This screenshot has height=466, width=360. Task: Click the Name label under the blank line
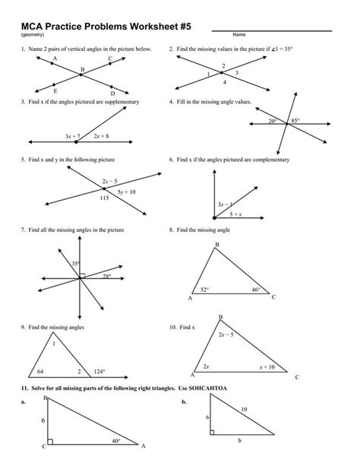coord(238,34)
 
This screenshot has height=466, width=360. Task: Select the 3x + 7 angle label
coord(73,136)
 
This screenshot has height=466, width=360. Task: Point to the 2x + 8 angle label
coord(102,136)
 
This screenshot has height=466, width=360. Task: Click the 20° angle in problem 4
coord(272,120)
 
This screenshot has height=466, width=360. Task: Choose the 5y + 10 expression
coord(126,192)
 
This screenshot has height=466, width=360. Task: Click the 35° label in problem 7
coord(77,264)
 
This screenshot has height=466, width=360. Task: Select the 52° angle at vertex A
coord(204,290)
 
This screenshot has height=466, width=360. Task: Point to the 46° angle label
coord(256,290)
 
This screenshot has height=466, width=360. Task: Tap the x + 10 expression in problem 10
coord(266,366)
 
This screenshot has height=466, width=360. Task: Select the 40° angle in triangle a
coord(116,439)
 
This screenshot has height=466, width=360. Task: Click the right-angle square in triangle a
coord(49,442)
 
